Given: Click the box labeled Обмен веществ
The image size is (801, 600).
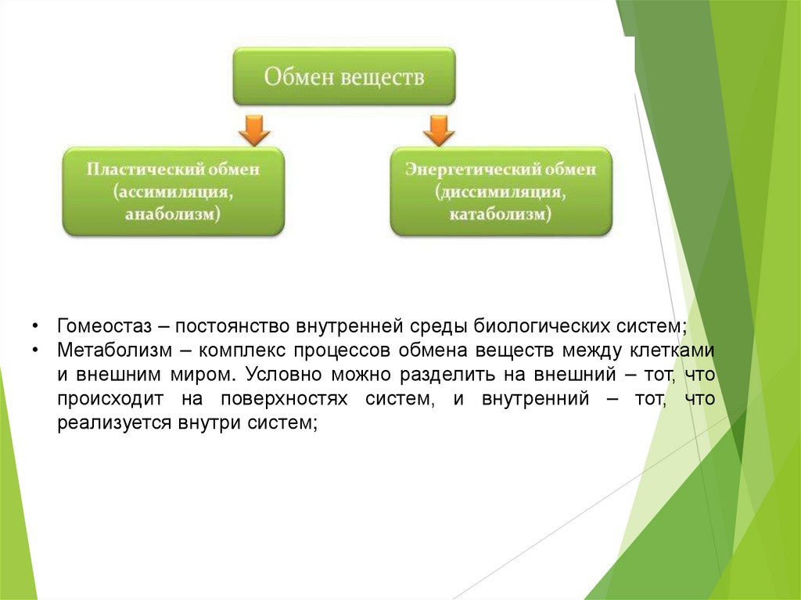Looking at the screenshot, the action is click(x=344, y=77).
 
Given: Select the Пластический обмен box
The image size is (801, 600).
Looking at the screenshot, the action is click(x=173, y=192).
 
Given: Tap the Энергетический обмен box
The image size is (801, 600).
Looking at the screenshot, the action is click(x=501, y=192).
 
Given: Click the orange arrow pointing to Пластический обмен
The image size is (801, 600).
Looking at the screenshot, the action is click(x=253, y=130).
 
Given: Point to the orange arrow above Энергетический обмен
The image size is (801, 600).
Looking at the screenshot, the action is click(x=439, y=130).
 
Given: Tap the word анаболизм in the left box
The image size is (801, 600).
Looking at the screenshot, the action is click(x=173, y=214).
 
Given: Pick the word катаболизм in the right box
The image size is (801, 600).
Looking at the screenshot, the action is click(x=501, y=214).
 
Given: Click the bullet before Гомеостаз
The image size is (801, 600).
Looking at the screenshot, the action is click(x=36, y=325).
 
